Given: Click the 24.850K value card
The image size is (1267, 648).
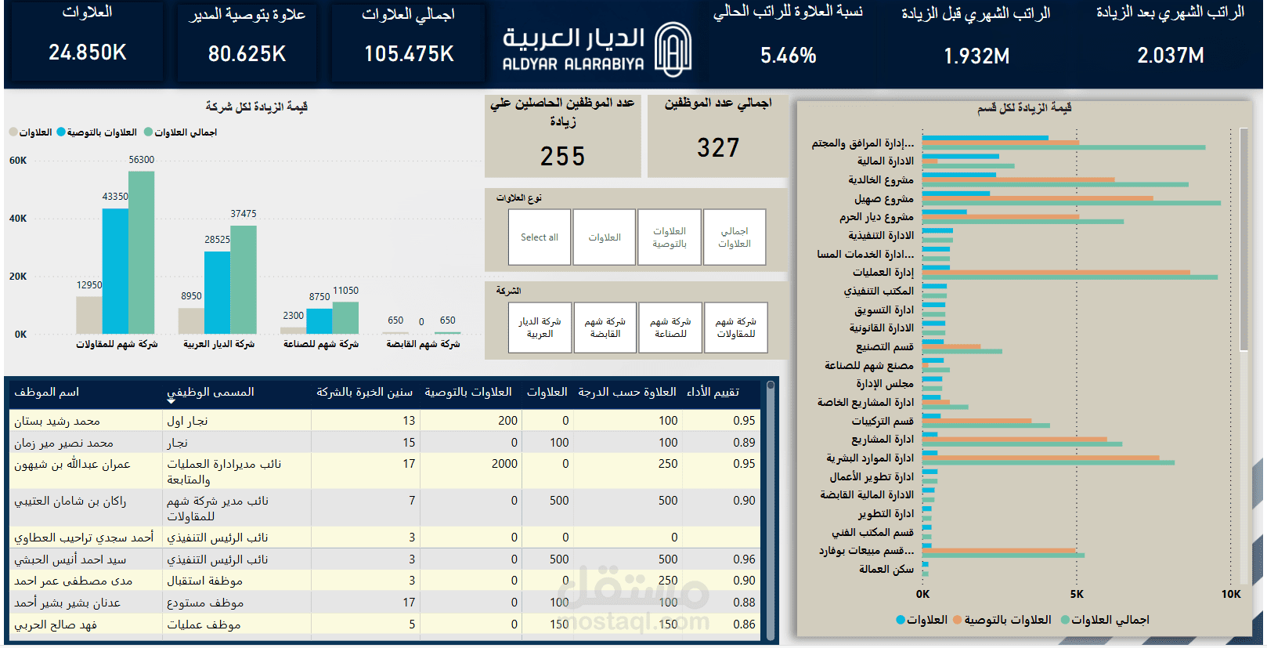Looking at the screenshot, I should [x=87, y=52].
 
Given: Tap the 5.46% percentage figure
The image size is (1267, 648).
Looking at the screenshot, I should [x=788, y=56].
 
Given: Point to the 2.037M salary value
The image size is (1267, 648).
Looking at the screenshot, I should [x=1170, y=56].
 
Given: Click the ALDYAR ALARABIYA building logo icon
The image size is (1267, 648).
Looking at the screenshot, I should [x=673, y=49].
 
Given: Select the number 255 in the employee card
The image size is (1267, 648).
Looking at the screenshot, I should [x=562, y=156].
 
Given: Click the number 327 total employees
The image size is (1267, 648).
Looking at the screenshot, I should [x=718, y=147].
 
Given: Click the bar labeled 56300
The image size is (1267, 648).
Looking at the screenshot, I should [x=141, y=251].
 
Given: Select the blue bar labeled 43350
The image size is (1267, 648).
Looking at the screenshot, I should [x=115, y=270].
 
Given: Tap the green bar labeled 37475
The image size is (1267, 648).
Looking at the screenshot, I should [x=244, y=279].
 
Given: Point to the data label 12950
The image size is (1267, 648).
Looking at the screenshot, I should [x=89, y=285].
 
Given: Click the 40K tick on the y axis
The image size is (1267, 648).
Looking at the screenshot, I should [x=18, y=219].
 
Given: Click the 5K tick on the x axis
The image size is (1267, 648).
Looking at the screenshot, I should [x=1077, y=594].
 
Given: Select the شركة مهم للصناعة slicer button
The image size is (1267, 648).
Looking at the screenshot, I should [x=670, y=328].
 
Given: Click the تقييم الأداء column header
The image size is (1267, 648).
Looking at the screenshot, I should [x=713, y=392].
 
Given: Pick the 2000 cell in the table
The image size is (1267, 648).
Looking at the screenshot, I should [x=504, y=464].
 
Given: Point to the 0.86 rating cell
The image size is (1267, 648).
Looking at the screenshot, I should [x=744, y=624].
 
